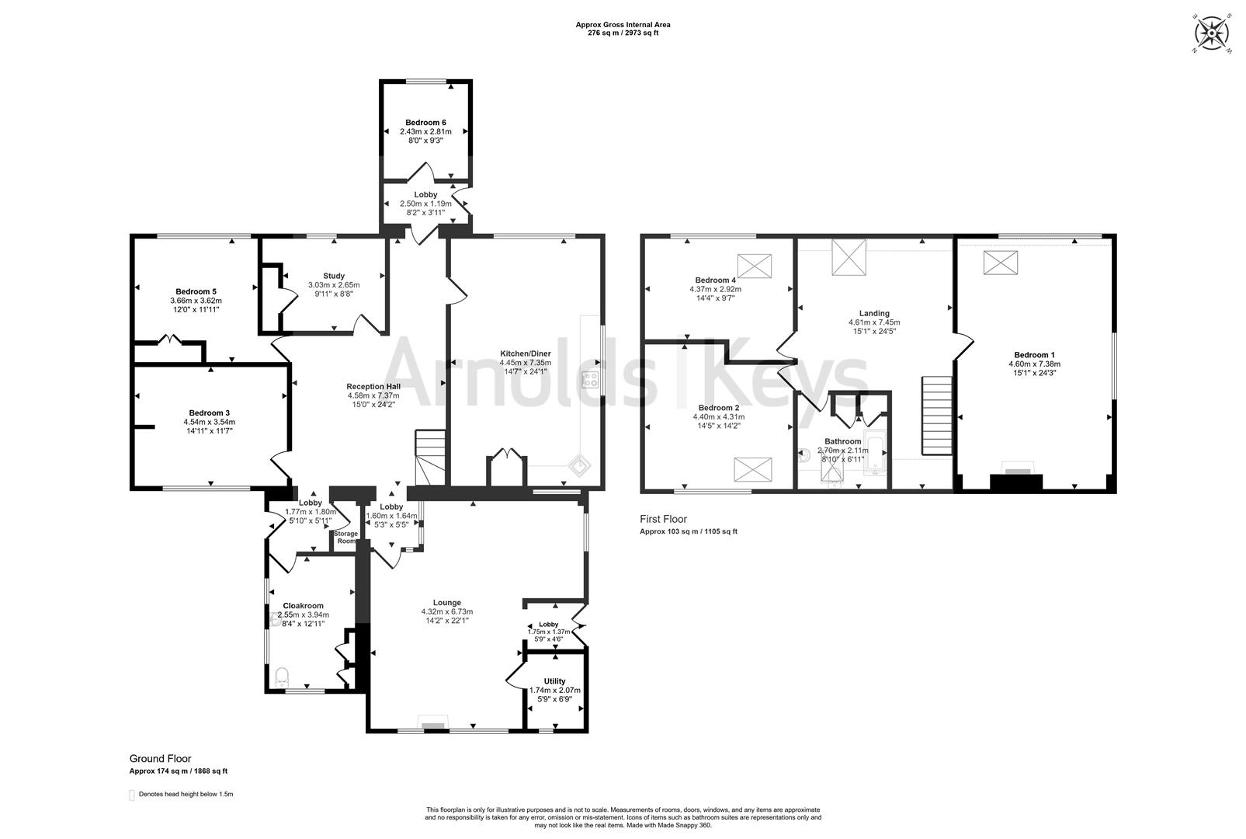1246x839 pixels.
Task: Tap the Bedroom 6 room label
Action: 425,123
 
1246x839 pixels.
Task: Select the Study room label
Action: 334,276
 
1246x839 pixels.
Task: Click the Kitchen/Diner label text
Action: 525,353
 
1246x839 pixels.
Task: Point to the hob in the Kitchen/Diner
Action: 590,380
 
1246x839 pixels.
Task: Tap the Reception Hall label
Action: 373,386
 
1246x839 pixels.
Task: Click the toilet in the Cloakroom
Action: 282,674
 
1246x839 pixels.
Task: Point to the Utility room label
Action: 554,681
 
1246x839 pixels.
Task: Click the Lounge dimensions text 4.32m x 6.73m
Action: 446,612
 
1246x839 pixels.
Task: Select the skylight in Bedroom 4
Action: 754,266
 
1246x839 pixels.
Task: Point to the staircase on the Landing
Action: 936,416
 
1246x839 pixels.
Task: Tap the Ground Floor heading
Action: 160,759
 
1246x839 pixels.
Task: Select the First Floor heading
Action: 663,519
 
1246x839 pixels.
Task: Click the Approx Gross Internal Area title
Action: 623,25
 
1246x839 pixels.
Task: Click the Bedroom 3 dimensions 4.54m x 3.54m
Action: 210,422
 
